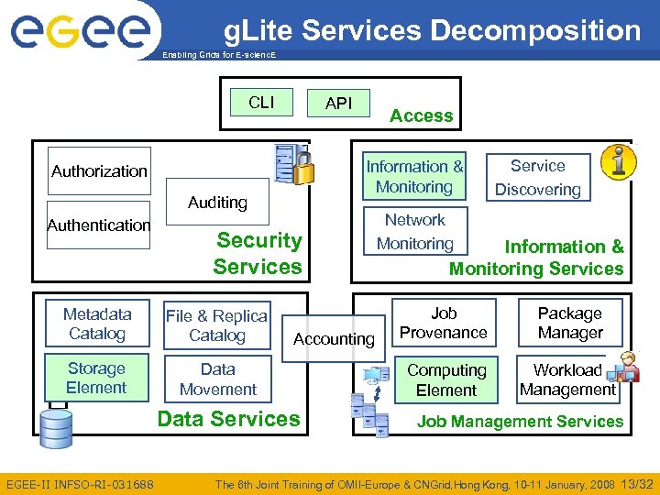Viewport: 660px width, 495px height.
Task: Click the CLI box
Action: point(261,102)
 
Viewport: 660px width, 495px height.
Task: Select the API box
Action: point(338,103)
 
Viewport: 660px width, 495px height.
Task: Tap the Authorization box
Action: point(99,170)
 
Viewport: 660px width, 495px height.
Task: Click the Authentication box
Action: point(98,225)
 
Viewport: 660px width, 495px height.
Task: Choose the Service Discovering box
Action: point(538,178)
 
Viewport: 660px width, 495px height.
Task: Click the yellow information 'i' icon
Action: point(618,161)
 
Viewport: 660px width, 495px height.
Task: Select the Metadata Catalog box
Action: point(96,324)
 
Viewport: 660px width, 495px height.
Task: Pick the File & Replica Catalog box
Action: point(216,325)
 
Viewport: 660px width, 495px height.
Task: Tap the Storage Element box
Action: point(96,378)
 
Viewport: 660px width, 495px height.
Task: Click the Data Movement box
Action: point(217,379)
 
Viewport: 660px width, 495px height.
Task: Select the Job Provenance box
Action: point(444,323)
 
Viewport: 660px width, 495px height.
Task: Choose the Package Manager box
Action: point(569,323)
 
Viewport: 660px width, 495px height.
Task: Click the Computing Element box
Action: point(446,379)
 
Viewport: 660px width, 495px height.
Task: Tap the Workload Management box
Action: point(567,379)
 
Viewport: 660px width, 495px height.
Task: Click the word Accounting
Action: point(334,339)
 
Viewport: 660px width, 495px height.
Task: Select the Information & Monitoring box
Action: point(414,176)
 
